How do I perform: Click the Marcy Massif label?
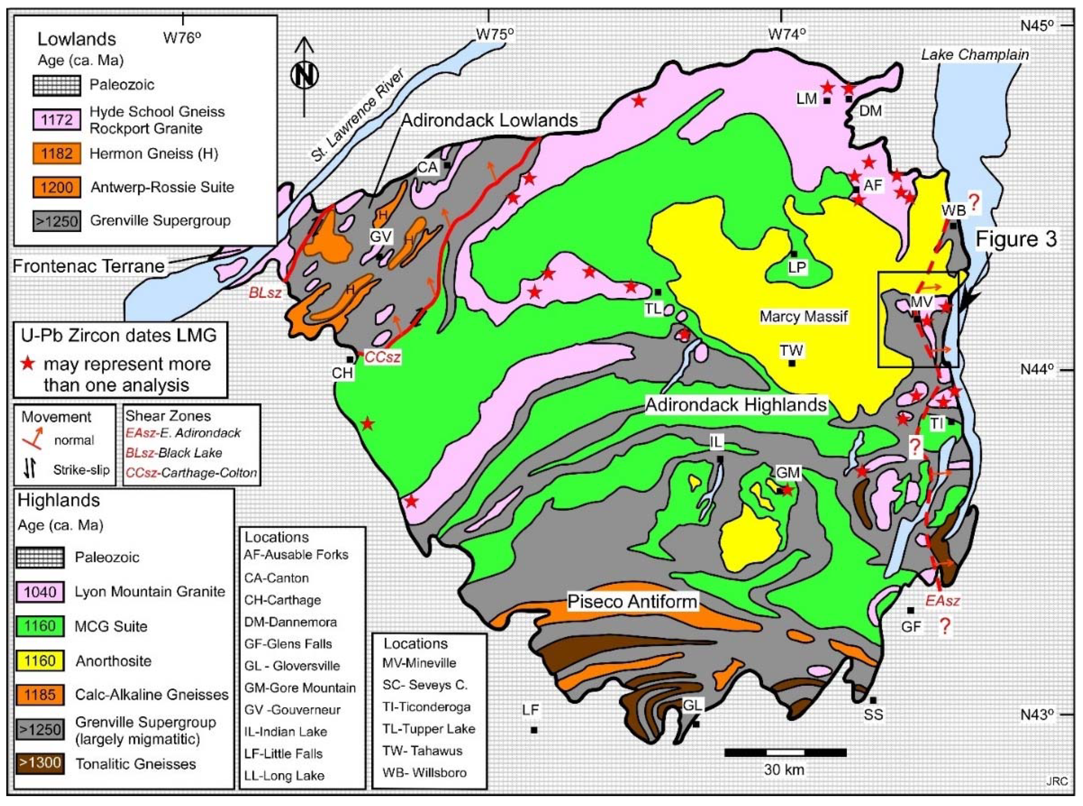pyautogui.click(x=803, y=317)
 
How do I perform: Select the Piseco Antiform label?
pyautogui.click(x=632, y=601)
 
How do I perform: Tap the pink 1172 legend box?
pyautogui.click(x=57, y=120)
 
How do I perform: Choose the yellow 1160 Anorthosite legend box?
pyautogui.click(x=40, y=661)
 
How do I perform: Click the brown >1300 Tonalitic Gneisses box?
pyautogui.click(x=40, y=763)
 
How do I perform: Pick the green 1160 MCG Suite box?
pyautogui.click(x=40, y=626)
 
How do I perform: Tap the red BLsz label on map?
pyautogui.click(x=265, y=293)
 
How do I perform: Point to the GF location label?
pyautogui.click(x=910, y=626)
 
